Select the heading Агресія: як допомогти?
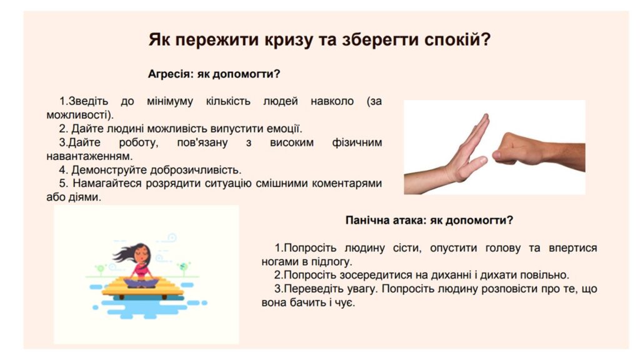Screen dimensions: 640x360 pos(214,74)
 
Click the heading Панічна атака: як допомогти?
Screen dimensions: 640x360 pos(429,221)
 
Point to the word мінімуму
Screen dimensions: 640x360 pos(170,101)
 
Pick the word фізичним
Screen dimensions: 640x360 pos(357,143)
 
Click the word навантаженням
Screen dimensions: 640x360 pos(89,156)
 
